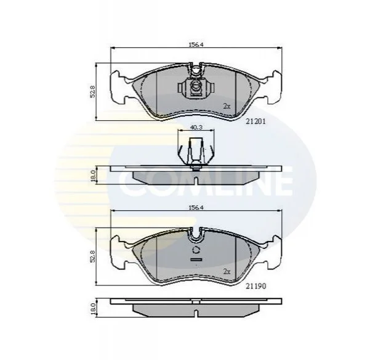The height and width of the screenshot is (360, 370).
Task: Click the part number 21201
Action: pyautogui.click(x=255, y=121)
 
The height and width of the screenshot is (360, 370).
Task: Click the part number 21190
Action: pyautogui.click(x=255, y=286)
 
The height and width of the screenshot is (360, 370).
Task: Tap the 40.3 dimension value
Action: pyautogui.click(x=196, y=128)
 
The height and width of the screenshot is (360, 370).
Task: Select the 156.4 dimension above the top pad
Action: pyautogui.click(x=196, y=44)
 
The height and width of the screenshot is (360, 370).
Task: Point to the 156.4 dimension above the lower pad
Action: pyautogui.click(x=196, y=207)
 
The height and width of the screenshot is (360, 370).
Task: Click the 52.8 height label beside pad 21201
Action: pyautogui.click(x=92, y=92)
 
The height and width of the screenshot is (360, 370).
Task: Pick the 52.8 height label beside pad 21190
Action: pyautogui.click(x=92, y=256)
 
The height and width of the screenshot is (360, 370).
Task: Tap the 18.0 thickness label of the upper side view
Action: pyautogui.click(x=93, y=176)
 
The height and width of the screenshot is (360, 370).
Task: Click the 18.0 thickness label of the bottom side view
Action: pyautogui.click(x=93, y=309)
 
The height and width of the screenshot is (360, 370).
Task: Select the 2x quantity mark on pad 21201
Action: pyautogui.click(x=227, y=106)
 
